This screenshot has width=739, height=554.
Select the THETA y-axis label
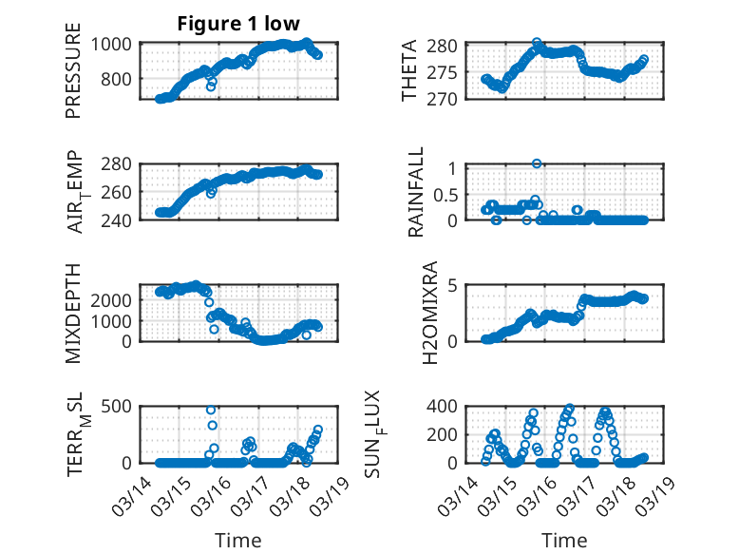point(409,71)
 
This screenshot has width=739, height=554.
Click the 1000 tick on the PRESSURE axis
point(113,44)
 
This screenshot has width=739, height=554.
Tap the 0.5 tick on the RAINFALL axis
point(449,194)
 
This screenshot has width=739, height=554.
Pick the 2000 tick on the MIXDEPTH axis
point(113,298)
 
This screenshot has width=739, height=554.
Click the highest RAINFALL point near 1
point(537,163)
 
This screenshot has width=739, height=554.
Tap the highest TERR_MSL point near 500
point(211,410)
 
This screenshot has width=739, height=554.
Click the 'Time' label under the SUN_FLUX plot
point(564,540)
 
